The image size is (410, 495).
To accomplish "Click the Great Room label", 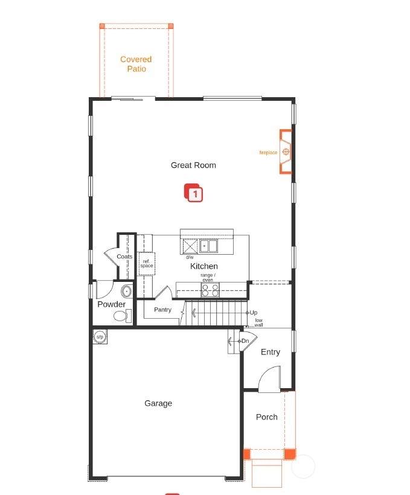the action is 193,165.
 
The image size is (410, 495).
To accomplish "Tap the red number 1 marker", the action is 194,193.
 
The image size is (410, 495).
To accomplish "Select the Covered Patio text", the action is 136,64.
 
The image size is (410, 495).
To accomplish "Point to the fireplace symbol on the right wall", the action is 286,152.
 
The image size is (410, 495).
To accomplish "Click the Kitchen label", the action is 203,266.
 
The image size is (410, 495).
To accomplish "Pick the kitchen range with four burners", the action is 210,290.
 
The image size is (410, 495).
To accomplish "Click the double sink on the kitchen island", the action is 208,246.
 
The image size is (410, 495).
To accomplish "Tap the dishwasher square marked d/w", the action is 190,246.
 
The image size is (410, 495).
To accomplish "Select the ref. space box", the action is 147,264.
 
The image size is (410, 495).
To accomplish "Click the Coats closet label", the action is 124,257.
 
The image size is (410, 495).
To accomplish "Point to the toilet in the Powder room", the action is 122,316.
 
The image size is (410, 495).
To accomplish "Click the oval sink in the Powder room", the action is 127,292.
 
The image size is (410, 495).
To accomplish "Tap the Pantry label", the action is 162,310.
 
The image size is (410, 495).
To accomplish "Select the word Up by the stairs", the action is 254,313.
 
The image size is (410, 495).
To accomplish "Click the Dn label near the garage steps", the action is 245,341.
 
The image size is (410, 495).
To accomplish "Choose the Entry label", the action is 271,352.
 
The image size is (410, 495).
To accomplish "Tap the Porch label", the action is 267,417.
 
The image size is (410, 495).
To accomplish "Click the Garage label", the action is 158,403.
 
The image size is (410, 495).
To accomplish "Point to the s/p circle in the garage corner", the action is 100,337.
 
